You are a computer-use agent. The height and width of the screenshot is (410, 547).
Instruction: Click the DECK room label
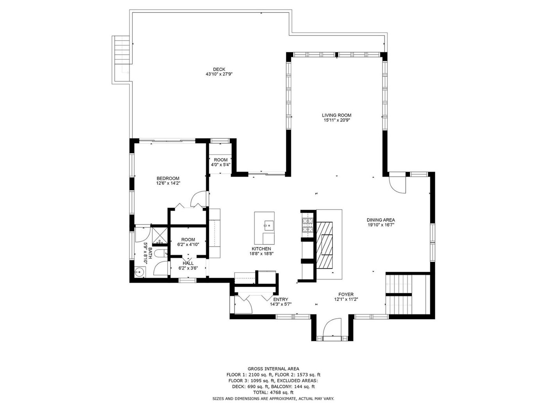pyautogui.click(x=219, y=69)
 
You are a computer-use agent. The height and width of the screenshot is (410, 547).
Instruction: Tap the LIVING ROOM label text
pyautogui.click(x=336, y=115)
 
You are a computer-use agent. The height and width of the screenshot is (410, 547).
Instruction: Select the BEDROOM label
pyautogui.click(x=168, y=178)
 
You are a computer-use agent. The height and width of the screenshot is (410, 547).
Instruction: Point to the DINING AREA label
pyautogui.click(x=381, y=220)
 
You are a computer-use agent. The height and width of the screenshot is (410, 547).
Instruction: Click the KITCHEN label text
pyautogui.click(x=261, y=249)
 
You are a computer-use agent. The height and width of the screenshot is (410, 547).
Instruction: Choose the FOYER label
pyautogui.click(x=346, y=294)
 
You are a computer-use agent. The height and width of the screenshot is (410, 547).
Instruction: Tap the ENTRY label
pyautogui.click(x=281, y=299)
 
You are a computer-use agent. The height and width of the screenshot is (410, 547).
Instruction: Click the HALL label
pyautogui.click(x=188, y=263)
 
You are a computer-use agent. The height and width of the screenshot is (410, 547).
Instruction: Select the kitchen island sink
pyautogui.click(x=269, y=226)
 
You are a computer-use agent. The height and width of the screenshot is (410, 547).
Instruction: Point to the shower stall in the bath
pyautogui.click(x=160, y=235)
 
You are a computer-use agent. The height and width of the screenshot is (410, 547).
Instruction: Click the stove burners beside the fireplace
pyautogui.click(x=307, y=225)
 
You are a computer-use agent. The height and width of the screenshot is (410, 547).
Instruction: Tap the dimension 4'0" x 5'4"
pyautogui.click(x=220, y=164)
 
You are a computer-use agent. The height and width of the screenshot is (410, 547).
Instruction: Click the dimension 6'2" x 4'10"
pyautogui.click(x=188, y=244)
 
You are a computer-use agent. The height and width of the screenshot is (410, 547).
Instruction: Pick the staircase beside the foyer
pyautogui.click(x=408, y=294)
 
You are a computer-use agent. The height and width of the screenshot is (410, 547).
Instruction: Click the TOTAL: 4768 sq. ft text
pyautogui.click(x=273, y=392)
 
